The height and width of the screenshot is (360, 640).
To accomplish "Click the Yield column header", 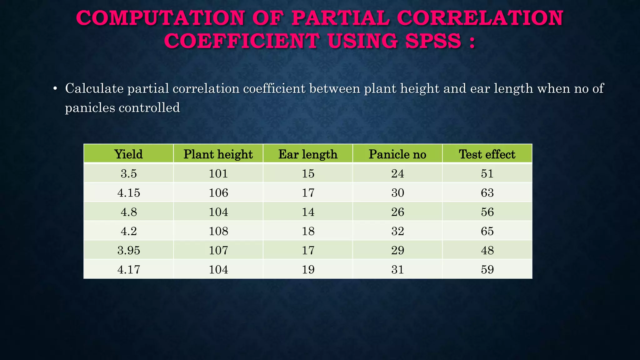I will [x=128, y=154].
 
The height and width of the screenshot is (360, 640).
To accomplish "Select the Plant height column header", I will [x=218, y=154].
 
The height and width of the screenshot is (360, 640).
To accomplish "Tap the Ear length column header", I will [x=308, y=154].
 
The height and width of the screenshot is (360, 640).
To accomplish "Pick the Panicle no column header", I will [x=397, y=154].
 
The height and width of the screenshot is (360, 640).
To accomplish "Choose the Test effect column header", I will [x=487, y=154].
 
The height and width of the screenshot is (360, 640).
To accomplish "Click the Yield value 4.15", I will [x=128, y=192].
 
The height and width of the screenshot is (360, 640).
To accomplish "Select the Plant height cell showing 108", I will [x=218, y=231].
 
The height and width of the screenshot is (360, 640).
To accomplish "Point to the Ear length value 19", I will [x=308, y=269].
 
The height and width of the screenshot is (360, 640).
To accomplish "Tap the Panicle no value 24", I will [x=397, y=173].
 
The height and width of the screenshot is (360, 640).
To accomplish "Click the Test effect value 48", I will [x=487, y=250].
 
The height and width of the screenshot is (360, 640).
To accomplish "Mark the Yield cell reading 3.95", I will [x=128, y=250].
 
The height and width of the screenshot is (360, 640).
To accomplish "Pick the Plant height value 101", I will [x=218, y=173].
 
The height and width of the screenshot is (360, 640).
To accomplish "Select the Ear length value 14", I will [x=308, y=212].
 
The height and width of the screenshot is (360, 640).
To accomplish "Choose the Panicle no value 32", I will [x=397, y=231].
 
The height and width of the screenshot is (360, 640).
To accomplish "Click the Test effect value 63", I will [x=487, y=192].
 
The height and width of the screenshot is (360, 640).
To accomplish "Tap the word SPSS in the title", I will [x=433, y=41].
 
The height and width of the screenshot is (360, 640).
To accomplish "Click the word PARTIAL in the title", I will [x=340, y=18].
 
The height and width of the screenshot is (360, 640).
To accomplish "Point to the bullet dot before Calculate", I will [x=55, y=89].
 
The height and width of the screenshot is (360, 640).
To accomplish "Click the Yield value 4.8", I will [x=128, y=212].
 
